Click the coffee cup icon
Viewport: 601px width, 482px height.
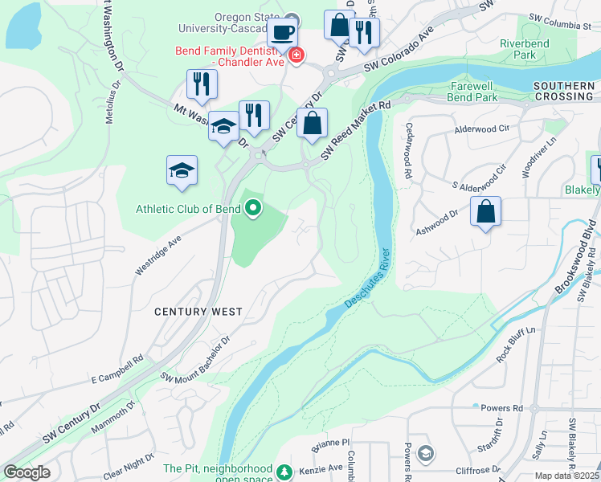(x=282, y=33)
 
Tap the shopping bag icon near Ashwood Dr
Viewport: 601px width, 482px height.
(x=485, y=212)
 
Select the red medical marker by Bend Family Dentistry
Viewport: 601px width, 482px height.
(x=296, y=55)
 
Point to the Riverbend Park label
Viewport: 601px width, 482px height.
(x=517, y=49)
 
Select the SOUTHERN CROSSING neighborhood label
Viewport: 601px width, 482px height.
(x=562, y=91)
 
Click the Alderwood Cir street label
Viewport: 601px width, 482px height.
(x=482, y=128)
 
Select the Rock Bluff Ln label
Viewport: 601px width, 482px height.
(x=515, y=344)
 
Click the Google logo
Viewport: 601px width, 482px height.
(x=27, y=472)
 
